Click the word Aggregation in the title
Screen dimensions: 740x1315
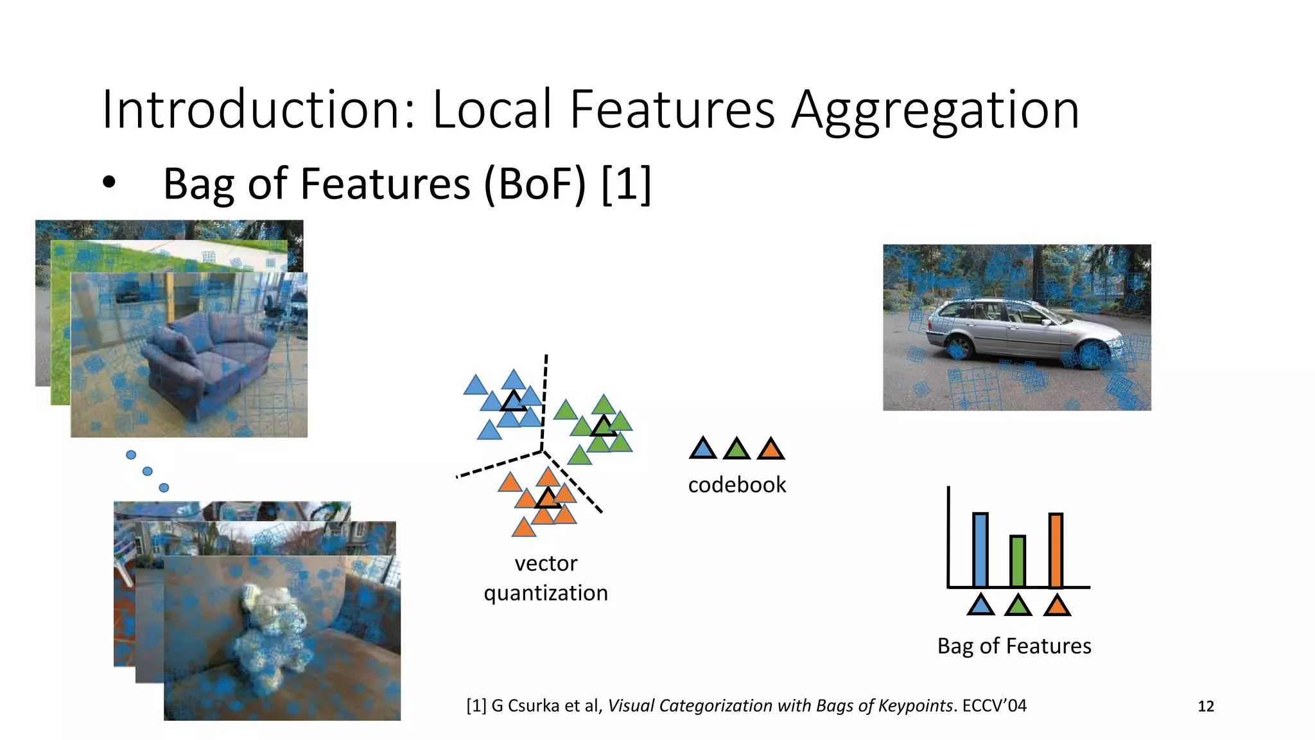pos(934,110)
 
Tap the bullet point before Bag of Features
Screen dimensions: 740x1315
pos(109,183)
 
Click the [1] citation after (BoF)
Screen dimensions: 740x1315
pos(627,184)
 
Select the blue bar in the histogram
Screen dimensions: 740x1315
pos(980,550)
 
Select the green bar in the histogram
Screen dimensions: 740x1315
pos(1017,561)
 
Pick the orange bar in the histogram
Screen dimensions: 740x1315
pos(1056,550)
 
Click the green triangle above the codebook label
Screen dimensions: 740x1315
pos(736,449)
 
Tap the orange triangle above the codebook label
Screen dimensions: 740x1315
pos(771,449)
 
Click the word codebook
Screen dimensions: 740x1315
pos(736,484)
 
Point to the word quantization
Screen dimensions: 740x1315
pos(545,592)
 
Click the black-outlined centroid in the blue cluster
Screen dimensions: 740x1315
pos(513,402)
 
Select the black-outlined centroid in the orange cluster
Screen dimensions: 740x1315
pos(548,498)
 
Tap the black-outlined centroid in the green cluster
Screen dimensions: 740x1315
pos(603,427)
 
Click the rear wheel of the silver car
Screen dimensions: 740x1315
pos(957,347)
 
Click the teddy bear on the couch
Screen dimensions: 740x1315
pos(270,636)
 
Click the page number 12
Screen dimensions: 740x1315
pos(1206,707)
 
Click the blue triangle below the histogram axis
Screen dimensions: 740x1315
pos(980,605)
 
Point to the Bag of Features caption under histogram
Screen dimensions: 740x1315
pos(1014,646)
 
